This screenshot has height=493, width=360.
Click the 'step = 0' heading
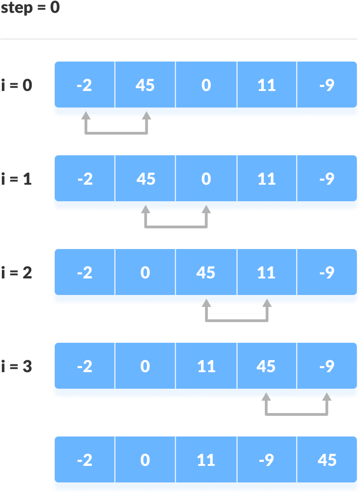pyautogui.click(x=30, y=7)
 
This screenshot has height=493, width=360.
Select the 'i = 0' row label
pyautogui.click(x=17, y=85)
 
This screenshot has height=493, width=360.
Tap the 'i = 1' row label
pyautogui.click(x=17, y=179)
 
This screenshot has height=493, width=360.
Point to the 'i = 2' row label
pyautogui.click(x=17, y=272)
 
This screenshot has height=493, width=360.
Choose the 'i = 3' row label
pyautogui.click(x=17, y=366)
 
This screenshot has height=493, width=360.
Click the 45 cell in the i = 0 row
pyautogui.click(x=145, y=85)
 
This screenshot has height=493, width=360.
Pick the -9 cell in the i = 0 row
pyautogui.click(x=326, y=85)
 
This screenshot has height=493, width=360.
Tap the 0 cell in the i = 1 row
pyautogui.click(x=206, y=178)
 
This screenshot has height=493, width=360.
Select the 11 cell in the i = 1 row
pyautogui.click(x=267, y=178)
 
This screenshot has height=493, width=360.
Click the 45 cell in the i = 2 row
pyautogui.click(x=206, y=272)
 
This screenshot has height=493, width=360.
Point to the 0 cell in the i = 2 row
pyautogui.click(x=145, y=272)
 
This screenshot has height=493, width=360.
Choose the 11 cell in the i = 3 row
pyautogui.click(x=206, y=366)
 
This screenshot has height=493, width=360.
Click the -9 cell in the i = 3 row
pyautogui.click(x=326, y=366)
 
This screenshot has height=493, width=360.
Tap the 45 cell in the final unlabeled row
pyautogui.click(x=326, y=459)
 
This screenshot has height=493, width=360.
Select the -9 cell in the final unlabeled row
pyautogui.click(x=267, y=459)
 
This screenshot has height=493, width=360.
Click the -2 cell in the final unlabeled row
pyautogui.click(x=85, y=459)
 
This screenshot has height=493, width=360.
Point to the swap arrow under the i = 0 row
pyautogui.click(x=116, y=133)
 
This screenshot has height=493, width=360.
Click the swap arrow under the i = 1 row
pyautogui.click(x=176, y=227)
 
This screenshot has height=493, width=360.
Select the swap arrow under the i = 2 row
pyautogui.click(x=237, y=321)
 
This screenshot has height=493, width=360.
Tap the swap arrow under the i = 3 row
pyautogui.click(x=297, y=414)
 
